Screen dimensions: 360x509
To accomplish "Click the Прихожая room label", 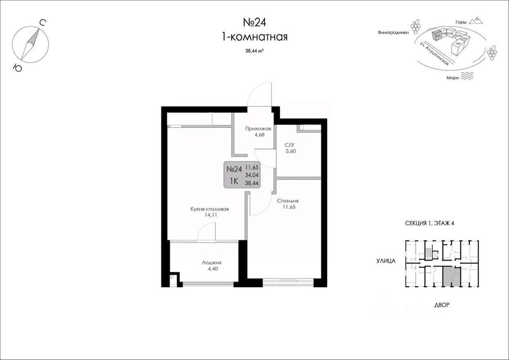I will [258, 128].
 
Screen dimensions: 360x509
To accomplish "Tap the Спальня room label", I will [288, 201].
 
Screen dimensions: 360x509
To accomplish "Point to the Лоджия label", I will [212, 263].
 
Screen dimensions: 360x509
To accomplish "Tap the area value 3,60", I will [291, 151].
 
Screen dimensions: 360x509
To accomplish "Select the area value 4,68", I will [258, 135].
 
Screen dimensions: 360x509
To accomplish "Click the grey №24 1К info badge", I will [242, 175].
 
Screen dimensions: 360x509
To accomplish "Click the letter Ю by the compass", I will [17, 68].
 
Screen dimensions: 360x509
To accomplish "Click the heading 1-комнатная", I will [254, 37].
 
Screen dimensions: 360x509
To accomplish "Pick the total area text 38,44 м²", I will [254, 51].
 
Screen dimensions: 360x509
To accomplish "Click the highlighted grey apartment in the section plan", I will [451, 277].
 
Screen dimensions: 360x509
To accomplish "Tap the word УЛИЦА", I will [385, 260].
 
